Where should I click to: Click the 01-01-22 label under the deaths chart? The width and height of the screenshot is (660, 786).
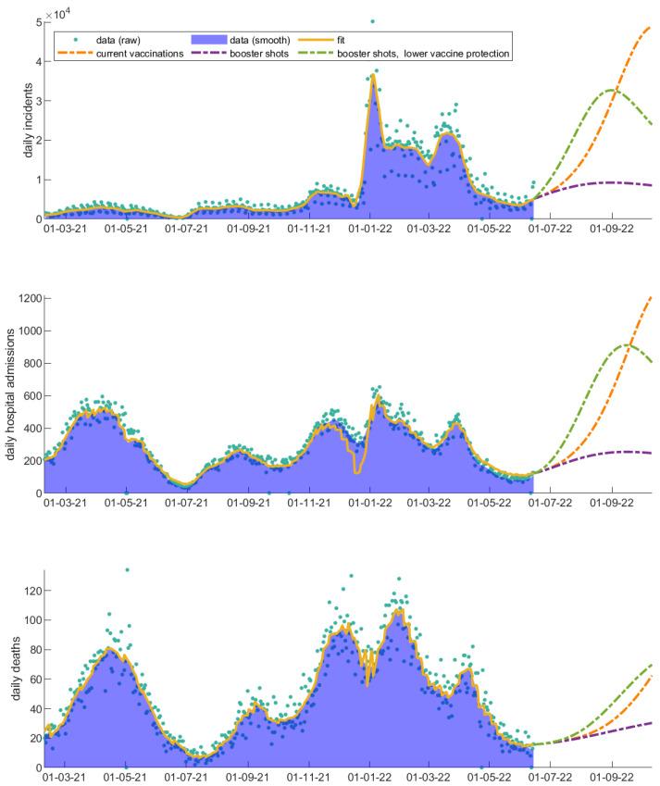point(370,779)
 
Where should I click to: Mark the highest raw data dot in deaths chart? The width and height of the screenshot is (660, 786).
point(127,570)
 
